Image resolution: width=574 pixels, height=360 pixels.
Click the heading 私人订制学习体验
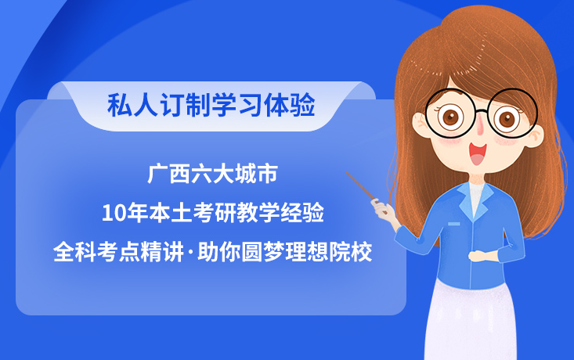coord(211,104)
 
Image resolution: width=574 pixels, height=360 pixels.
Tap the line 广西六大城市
coord(212,173)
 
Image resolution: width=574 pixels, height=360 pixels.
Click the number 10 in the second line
coord(112,212)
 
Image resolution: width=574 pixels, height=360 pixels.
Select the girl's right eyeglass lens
coord(511,119)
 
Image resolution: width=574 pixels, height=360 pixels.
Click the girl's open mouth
coord(478,153)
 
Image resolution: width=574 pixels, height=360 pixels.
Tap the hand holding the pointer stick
coord(384,209)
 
